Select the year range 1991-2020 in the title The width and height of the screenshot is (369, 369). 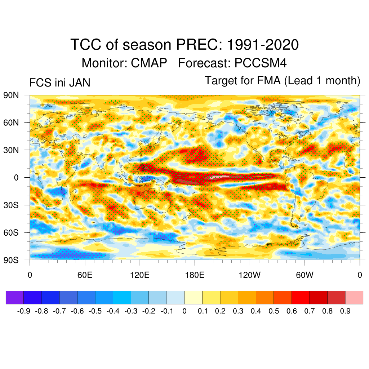point(263,45)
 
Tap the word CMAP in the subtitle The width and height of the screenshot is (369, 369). point(149,63)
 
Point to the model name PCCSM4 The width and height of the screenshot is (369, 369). point(261,63)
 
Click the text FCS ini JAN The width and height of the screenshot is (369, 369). point(59,83)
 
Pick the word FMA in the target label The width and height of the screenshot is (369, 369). point(268,80)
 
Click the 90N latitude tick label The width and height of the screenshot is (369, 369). point(11,95)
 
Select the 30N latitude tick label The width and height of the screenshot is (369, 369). point(11,150)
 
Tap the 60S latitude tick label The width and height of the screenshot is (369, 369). point(11,232)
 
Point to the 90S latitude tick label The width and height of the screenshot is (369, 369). point(11,260)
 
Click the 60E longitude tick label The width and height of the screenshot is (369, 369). point(85,275)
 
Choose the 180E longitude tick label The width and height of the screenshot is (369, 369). point(195,275)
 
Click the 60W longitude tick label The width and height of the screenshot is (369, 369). point(305,275)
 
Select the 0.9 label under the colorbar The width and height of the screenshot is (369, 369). point(345,311)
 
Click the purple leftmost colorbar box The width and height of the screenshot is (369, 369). point(15,297)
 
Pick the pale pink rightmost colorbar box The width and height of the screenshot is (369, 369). point(354,297)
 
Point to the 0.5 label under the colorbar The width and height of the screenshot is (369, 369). point(274,311)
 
